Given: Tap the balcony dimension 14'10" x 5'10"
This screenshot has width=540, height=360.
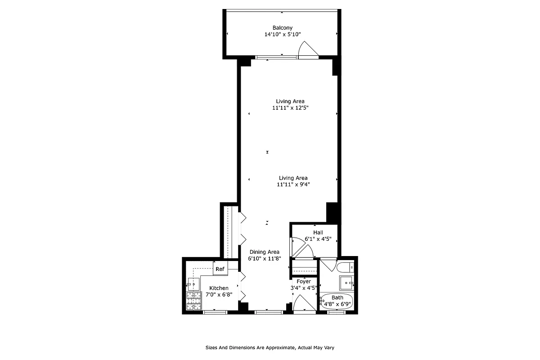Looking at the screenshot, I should (x=282, y=34).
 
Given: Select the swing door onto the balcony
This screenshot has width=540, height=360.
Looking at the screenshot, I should (x=309, y=49).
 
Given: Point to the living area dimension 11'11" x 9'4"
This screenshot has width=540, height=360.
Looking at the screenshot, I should (x=293, y=184).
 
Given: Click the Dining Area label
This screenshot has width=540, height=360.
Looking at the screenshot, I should (x=264, y=252).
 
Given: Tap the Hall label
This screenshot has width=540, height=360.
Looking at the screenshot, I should (x=318, y=233).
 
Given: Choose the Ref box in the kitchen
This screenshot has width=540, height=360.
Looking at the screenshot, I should (x=220, y=269).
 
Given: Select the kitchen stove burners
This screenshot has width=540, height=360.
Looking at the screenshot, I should (x=193, y=301).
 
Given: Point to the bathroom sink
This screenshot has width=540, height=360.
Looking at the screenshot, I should (x=346, y=284).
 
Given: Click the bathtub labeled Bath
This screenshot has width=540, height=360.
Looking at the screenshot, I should (x=337, y=301).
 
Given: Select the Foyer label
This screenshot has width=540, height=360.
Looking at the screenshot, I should (x=304, y=282).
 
